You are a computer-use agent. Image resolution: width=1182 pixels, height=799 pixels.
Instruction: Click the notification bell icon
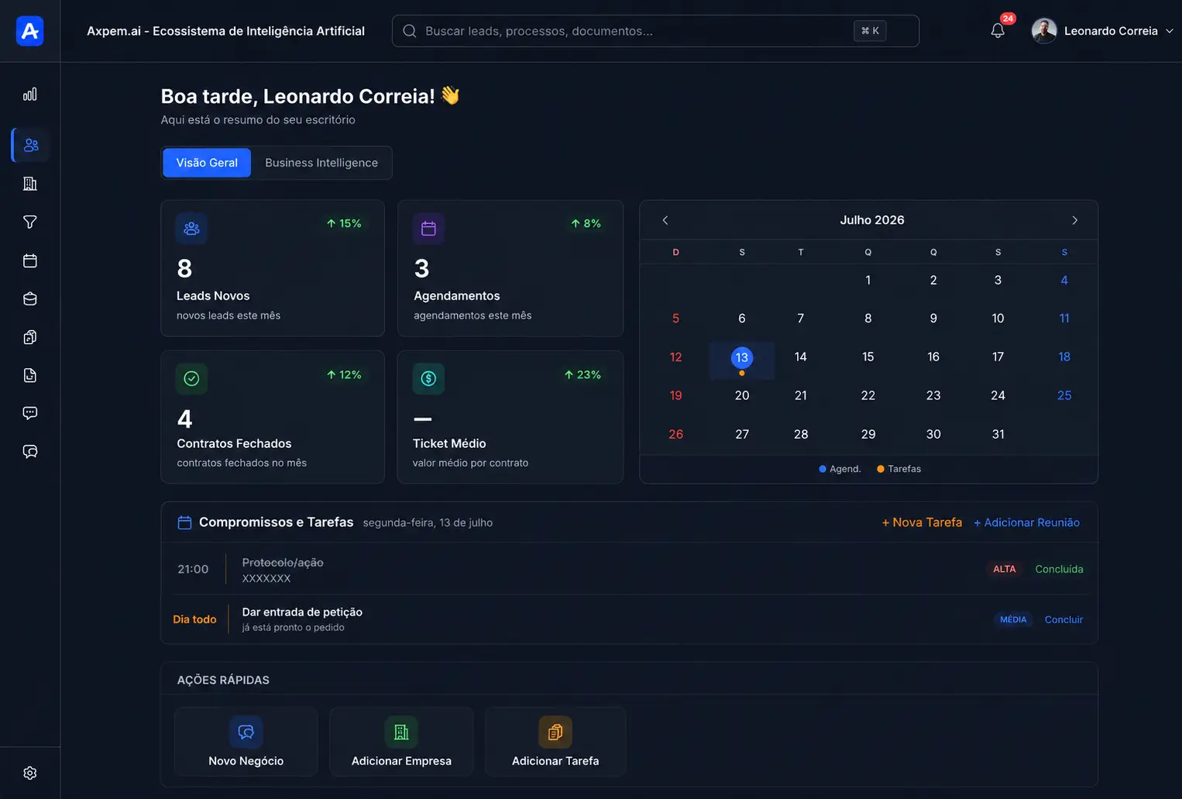(998, 31)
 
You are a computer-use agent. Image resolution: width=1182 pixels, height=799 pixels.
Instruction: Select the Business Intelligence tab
(321, 163)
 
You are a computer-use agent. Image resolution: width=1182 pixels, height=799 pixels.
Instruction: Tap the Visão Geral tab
(206, 163)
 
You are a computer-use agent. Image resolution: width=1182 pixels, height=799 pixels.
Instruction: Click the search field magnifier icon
(410, 31)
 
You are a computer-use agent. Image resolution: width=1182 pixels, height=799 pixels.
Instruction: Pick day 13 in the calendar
(741, 357)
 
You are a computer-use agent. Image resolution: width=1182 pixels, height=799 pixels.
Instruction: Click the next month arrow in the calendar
(1074, 220)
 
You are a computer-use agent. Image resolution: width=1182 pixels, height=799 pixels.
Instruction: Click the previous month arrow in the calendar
(665, 220)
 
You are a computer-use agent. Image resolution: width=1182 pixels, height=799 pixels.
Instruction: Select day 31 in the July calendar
(998, 434)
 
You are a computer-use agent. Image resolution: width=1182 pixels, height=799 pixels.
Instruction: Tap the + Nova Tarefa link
(921, 522)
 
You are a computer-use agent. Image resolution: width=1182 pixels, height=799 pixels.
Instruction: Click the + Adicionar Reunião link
(1026, 522)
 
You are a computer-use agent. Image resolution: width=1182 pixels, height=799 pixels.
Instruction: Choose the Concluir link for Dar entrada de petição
(1063, 619)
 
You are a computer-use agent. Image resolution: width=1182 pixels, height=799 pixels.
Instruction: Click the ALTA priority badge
(1004, 569)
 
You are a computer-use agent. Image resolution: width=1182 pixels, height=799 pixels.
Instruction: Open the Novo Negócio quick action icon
(246, 732)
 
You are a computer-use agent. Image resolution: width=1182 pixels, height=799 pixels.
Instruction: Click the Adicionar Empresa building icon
(401, 732)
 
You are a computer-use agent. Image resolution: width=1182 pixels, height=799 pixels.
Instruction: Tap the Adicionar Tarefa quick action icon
(555, 732)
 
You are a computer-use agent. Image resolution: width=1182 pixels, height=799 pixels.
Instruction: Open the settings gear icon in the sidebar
(30, 773)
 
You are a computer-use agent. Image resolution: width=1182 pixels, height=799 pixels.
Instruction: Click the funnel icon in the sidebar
(30, 222)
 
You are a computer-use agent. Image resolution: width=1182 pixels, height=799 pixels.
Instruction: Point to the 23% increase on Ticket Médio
(582, 374)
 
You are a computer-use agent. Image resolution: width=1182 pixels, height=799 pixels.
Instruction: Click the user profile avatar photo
(1044, 31)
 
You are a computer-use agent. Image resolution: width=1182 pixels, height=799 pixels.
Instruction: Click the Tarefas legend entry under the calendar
(899, 469)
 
